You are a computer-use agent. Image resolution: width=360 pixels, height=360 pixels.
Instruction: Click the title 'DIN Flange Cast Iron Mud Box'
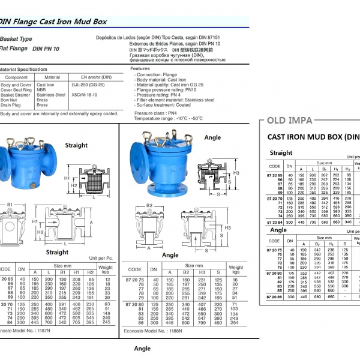point(53,21)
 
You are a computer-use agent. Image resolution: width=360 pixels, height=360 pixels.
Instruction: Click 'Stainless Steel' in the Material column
point(52,95)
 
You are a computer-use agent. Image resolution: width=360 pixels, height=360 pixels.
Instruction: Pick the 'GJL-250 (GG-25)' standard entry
point(92,85)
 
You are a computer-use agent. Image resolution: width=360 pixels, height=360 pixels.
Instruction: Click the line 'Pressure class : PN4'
point(155,113)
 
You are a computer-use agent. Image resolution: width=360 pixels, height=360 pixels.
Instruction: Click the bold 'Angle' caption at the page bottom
point(142,348)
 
